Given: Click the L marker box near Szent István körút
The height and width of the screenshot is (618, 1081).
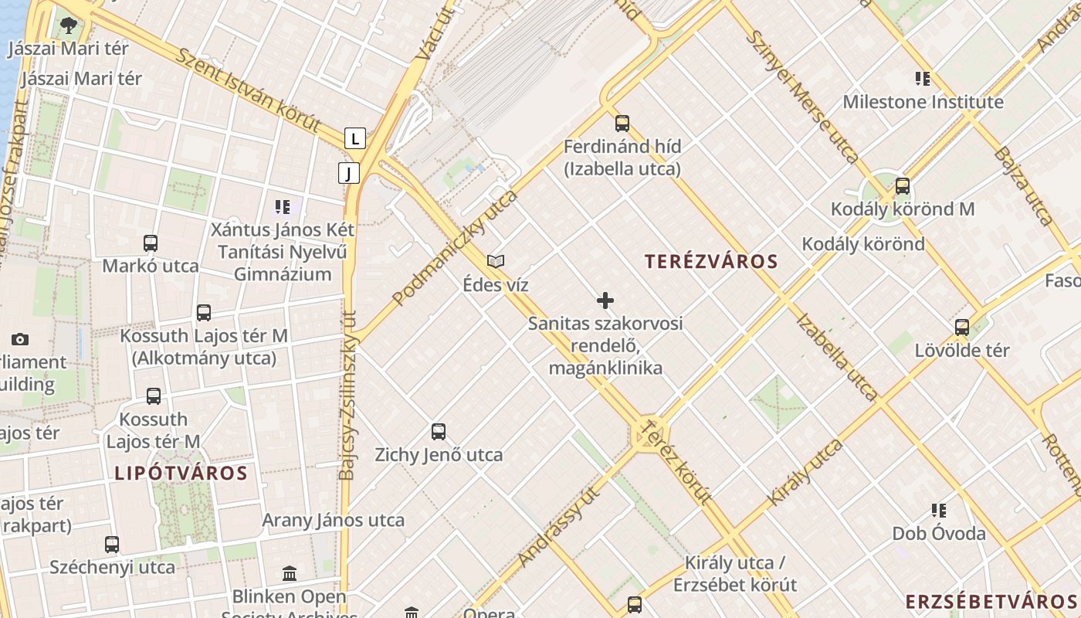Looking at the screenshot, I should click(354, 138).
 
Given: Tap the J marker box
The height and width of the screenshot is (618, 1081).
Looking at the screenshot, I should click(349, 173).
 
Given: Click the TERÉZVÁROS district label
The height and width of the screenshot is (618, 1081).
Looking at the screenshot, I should click(711, 261).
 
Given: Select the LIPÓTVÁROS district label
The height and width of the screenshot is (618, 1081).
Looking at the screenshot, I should click(181, 473).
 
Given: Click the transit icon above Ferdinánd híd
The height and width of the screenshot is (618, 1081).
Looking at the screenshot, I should click(622, 123).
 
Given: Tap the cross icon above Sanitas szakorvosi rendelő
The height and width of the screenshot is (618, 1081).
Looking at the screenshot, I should click(605, 301).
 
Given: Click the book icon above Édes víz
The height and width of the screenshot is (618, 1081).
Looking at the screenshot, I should click(496, 261).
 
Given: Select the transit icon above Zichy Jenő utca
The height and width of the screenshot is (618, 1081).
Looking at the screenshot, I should click(439, 432).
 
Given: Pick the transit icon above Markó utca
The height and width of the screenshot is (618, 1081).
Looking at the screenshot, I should click(151, 243).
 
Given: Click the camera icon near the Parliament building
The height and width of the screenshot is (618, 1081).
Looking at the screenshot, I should click(20, 339).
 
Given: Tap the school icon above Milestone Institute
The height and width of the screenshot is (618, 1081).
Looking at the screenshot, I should click(922, 78).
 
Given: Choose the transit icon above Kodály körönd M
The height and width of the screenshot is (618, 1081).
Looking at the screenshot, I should click(902, 186).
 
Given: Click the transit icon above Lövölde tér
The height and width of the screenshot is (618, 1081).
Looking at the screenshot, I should click(962, 327).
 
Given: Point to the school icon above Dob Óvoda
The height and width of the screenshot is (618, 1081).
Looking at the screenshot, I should click(939, 510).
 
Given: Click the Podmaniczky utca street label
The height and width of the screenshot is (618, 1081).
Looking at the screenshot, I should click(455, 247).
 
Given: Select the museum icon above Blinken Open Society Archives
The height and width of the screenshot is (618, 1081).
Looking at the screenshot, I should click(290, 573).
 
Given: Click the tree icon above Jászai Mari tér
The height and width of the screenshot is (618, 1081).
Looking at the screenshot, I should click(68, 25).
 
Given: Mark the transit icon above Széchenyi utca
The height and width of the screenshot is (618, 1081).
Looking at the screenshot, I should click(112, 544).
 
